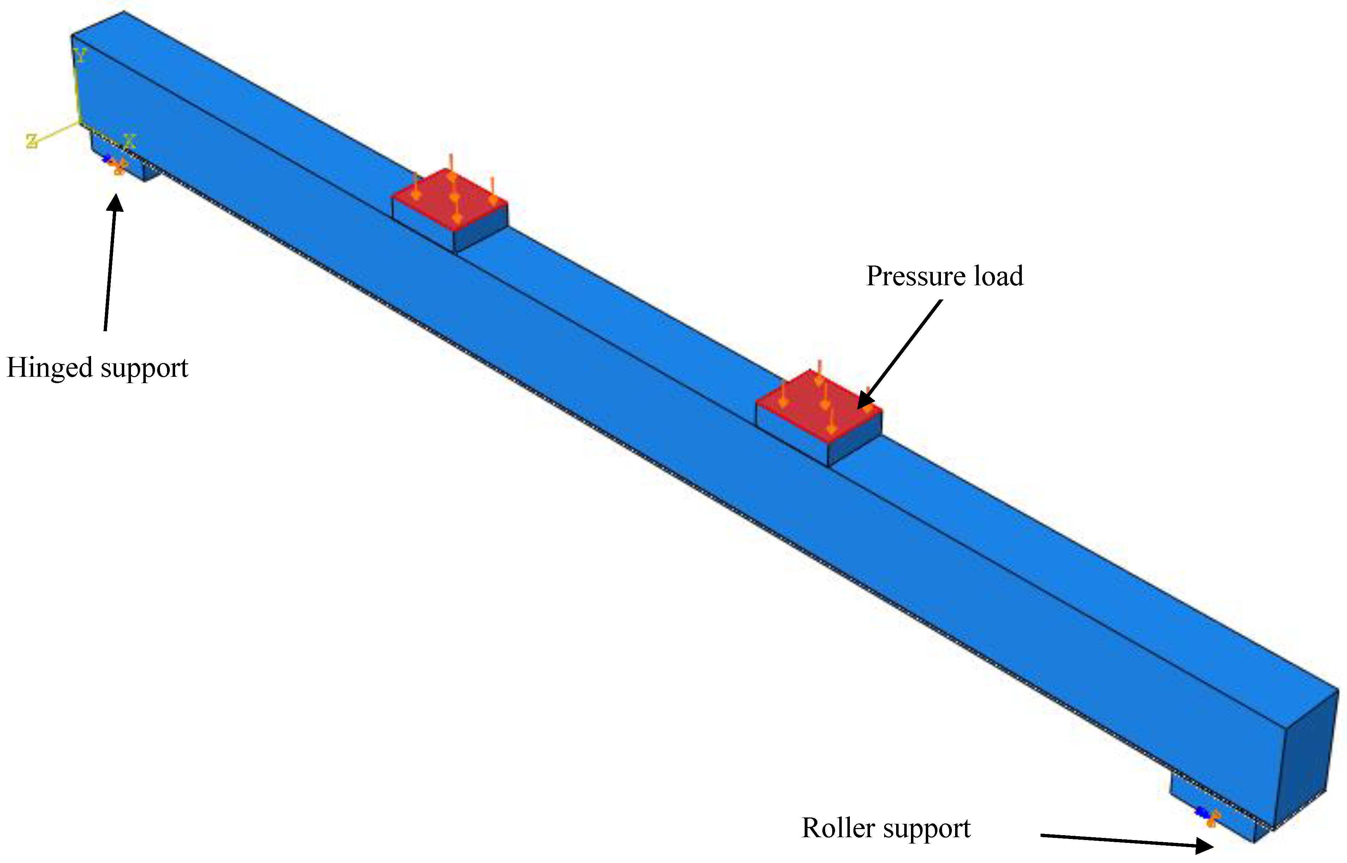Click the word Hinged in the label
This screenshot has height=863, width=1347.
tap(49, 369)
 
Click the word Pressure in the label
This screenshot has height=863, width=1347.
tap(914, 276)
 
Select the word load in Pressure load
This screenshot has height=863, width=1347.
tap(999, 276)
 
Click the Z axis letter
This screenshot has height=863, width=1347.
tap(32, 141)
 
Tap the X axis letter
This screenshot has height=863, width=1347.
tap(130, 140)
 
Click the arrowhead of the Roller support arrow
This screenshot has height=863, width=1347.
tap(1205, 845)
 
